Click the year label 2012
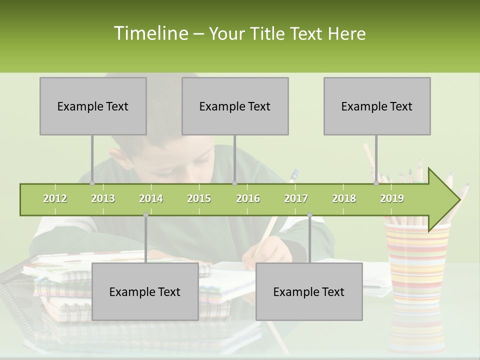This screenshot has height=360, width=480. [55, 198]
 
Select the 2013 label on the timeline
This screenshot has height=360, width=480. [103, 198]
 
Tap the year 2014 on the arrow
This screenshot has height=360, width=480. [151, 198]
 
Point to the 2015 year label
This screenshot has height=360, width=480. [199, 198]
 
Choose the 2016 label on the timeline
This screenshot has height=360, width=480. [248, 198]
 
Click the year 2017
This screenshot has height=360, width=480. [296, 198]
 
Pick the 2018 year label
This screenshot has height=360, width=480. [344, 198]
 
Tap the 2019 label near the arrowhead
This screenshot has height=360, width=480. [392, 198]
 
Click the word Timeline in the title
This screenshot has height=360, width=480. [150, 33]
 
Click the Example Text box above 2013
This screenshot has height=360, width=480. [93, 106]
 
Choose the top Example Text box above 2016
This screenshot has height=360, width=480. [235, 106]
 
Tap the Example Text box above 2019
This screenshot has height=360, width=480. [377, 106]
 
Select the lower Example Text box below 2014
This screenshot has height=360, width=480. [145, 291]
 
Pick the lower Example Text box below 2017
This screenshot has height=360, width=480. [309, 291]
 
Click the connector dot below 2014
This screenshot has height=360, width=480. [145, 214]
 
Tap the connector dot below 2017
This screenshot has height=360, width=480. [309, 214]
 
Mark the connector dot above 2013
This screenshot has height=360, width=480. [92, 183]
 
